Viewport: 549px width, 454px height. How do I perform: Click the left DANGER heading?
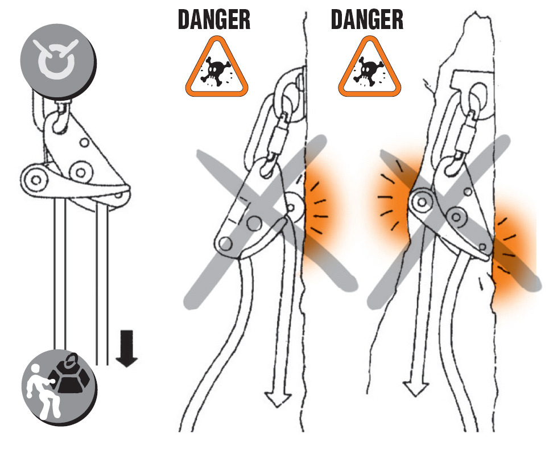pos(214,19)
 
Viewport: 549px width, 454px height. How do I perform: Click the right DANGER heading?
pos(367,19)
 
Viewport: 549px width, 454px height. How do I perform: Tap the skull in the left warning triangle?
pos(215,71)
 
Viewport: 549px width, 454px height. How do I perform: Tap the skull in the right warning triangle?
pos(368,71)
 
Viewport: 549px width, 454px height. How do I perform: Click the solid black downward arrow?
pos(126,348)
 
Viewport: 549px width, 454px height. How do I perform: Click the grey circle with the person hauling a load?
pos(59,387)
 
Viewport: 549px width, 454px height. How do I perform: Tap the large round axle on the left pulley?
pos(81,172)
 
